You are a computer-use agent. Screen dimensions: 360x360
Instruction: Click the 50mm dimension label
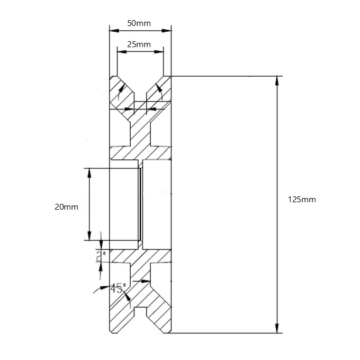(139, 23)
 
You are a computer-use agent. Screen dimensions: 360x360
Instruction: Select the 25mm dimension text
(139, 44)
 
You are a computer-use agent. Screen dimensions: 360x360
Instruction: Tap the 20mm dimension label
(66, 207)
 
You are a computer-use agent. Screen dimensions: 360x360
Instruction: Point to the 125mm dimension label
(302, 200)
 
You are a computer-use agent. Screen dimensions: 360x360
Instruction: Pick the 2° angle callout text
(101, 256)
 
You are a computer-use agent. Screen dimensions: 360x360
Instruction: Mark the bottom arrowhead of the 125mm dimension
(277, 329)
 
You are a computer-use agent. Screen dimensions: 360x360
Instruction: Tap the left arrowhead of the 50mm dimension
(112, 30)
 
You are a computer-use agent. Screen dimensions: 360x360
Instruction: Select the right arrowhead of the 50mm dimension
(168, 30)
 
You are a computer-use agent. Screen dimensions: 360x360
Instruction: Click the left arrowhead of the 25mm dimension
(120, 51)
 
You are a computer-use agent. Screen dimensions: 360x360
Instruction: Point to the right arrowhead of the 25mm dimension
(160, 51)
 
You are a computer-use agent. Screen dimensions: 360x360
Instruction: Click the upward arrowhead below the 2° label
(101, 266)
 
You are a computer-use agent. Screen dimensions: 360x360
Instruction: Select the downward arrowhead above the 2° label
(101, 245)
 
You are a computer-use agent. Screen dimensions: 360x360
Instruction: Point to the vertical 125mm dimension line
(277, 159)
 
